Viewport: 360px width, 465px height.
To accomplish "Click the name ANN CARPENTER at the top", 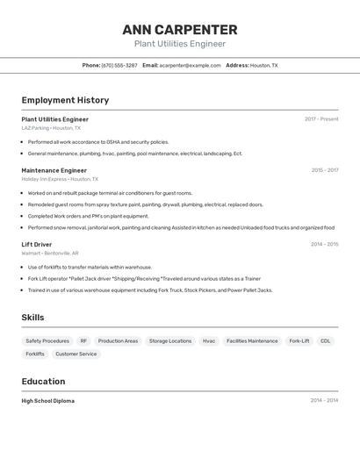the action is pyautogui.click(x=180, y=30).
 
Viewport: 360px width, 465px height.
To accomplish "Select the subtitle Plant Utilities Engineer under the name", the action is pyautogui.click(x=180, y=44).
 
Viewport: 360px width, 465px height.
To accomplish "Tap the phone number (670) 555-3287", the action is pyautogui.click(x=119, y=65).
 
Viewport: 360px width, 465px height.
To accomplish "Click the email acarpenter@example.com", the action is pyautogui.click(x=191, y=65).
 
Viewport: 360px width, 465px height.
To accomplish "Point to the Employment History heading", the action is pyautogui.click(x=65, y=100).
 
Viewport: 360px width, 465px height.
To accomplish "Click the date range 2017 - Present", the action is pyautogui.click(x=321, y=119).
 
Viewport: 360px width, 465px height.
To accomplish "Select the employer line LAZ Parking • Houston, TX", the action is pyautogui.click(x=51, y=128).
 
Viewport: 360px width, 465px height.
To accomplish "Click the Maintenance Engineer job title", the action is pyautogui.click(x=54, y=170).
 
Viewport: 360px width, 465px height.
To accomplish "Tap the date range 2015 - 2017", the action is pyautogui.click(x=325, y=170).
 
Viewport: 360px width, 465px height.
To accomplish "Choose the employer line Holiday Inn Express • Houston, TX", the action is pyautogui.click(x=56, y=179).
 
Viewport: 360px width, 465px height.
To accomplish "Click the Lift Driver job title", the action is pyautogui.click(x=37, y=244).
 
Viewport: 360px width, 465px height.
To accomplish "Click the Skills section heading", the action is pyautogui.click(x=32, y=318).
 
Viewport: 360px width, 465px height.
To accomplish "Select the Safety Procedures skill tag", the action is pyautogui.click(x=47, y=340).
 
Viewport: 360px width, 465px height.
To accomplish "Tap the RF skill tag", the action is pyautogui.click(x=84, y=340).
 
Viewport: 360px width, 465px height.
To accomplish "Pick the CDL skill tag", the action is pyautogui.click(x=326, y=340).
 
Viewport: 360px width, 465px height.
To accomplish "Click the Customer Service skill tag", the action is pyautogui.click(x=76, y=354).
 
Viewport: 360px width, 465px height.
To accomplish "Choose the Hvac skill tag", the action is pyautogui.click(x=209, y=340).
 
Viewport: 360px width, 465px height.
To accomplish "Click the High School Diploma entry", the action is pyautogui.click(x=48, y=401).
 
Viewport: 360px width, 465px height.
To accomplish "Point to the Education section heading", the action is pyautogui.click(x=43, y=382).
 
